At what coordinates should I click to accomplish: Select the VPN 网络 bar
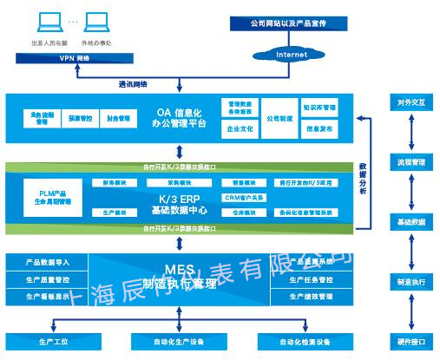tap(74, 58)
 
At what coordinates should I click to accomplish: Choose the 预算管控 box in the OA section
tap(80, 118)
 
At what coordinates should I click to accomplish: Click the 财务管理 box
tap(119, 118)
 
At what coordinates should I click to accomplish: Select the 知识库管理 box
tap(320, 108)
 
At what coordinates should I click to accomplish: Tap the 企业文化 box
tap(240, 128)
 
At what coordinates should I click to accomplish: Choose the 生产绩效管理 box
tap(313, 297)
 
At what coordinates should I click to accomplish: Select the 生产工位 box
tap(55, 341)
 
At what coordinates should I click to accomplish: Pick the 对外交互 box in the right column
tap(410, 102)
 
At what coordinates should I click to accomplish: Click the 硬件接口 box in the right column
tap(410, 341)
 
